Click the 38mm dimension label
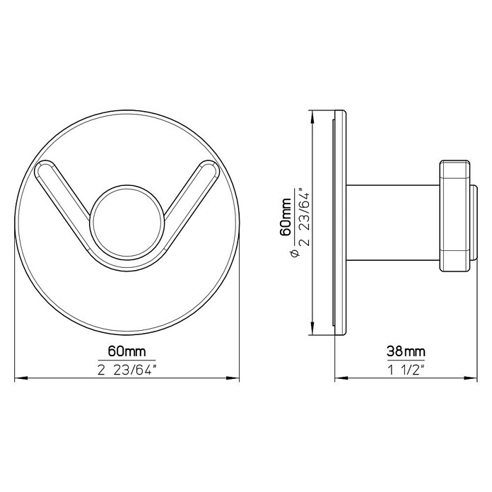[x=406, y=351]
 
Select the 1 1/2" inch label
[x=406, y=370]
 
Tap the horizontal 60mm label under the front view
[x=127, y=351]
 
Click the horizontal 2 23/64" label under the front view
[x=127, y=370]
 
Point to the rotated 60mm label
[x=285, y=217]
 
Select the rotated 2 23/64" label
[x=305, y=217]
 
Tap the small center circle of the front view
[x=127, y=223]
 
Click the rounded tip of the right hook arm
[x=211, y=168]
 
